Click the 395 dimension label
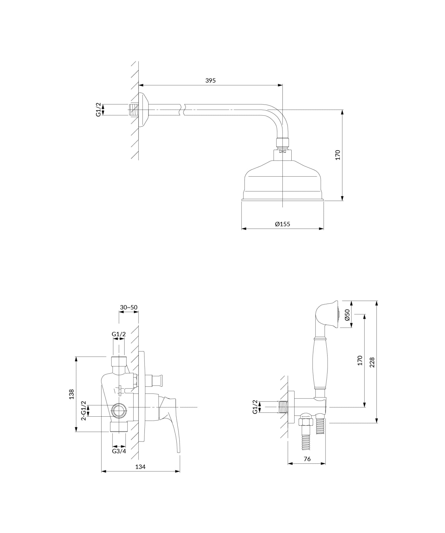pyautogui.click(x=210, y=80)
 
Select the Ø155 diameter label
pyautogui.click(x=282, y=224)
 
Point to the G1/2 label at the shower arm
pyautogui.click(x=98, y=110)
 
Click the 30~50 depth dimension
pyautogui.click(x=129, y=307)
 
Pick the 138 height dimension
pyautogui.click(x=71, y=394)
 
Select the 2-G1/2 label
pyautogui.click(x=84, y=410)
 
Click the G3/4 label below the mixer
pyautogui.click(x=119, y=451)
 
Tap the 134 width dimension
pyautogui.click(x=140, y=467)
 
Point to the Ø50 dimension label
pyautogui.click(x=347, y=315)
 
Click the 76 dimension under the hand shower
pyautogui.click(x=307, y=459)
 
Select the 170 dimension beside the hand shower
pyautogui.click(x=360, y=360)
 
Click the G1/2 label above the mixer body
pyautogui.click(x=119, y=334)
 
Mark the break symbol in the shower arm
pyautogui.click(x=182, y=110)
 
